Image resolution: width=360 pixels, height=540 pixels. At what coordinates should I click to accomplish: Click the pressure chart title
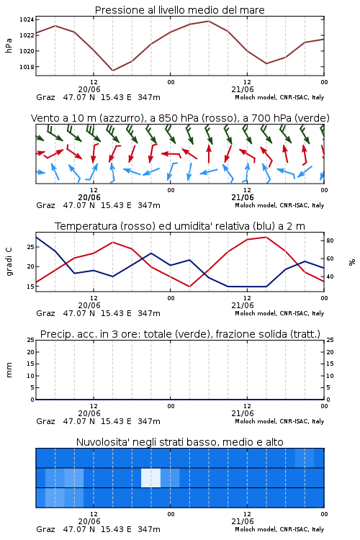pos(179,10)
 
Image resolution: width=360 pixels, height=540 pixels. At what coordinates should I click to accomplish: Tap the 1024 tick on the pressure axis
pos(27,19)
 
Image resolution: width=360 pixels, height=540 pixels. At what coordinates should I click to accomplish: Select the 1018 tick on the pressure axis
pos(27,67)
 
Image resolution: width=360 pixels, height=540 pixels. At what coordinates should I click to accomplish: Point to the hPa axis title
pos(9,45)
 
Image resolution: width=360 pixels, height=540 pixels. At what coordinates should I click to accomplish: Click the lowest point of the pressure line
pos(112,71)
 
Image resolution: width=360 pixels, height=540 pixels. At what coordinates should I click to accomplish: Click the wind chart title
pos(180,118)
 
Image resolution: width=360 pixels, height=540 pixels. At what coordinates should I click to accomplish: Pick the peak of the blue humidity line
pos(36,237)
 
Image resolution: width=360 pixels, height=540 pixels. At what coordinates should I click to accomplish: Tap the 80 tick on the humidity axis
pos(330,240)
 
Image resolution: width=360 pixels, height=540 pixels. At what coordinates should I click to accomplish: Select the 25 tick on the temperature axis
pos(31,247)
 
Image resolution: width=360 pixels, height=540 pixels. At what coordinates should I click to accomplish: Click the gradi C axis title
pos(9,261)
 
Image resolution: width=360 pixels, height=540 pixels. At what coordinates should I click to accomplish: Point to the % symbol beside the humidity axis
pos(352,262)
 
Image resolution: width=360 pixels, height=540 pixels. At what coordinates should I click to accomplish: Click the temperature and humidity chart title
pos(180,226)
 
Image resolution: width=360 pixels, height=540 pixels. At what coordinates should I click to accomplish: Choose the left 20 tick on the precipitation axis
pos(31,352)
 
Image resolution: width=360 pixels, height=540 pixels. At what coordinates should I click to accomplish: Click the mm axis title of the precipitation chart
pos(9,370)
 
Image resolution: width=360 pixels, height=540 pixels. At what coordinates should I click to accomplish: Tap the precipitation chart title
pos(180,334)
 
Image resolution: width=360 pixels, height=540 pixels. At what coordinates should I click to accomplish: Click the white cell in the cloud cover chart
pos(151,477)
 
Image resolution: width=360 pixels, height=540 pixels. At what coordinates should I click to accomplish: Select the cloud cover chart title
pos(179,442)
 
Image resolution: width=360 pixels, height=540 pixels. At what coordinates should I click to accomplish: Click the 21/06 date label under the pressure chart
pos(243,89)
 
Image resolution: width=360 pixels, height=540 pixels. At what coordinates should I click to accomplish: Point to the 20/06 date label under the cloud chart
pos(89,521)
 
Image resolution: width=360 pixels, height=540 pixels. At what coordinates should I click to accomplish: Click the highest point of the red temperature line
pos(266,237)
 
